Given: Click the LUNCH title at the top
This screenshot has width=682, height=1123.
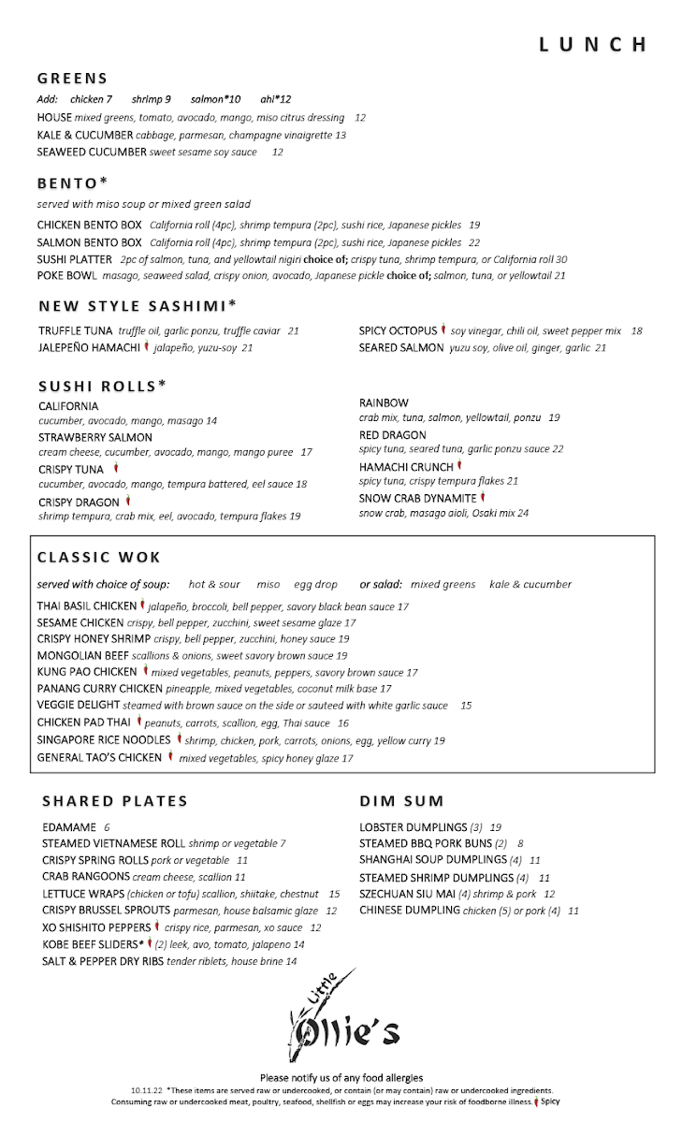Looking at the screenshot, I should pos(593,45).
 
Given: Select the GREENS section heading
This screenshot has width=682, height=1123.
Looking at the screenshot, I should pos(73,79).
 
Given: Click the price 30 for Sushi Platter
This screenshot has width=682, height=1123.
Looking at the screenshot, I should pos(561,259).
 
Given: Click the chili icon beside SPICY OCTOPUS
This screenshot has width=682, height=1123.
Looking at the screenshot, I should pos(443,330).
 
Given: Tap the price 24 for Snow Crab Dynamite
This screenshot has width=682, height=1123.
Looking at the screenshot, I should pos(523,513).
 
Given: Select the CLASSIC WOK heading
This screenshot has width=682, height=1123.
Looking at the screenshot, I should pos(99,558).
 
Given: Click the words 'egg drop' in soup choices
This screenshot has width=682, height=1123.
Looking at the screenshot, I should pos(315,584).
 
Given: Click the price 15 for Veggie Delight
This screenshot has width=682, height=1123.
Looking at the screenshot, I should pos(466,706).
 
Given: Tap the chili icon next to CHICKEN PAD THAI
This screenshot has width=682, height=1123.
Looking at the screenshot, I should pos(138,722).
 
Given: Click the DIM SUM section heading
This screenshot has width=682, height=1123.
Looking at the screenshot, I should pos(401,801).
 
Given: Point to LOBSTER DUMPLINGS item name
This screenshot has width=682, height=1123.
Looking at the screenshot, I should pos(413,827).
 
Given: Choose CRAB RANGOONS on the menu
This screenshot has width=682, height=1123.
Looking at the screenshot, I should pos(86,877).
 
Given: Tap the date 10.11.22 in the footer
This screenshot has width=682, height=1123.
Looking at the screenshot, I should pos(148,1090).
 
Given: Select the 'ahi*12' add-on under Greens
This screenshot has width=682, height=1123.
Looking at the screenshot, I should pos(276,99).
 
